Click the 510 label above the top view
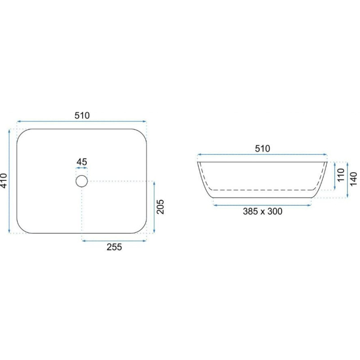(82, 116)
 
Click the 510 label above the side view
(262, 149)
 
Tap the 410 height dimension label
(4, 181)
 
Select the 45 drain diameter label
(82, 162)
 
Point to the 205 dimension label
(160, 207)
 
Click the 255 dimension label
(114, 247)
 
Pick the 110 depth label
(341, 175)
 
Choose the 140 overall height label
(354, 179)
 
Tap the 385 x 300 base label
(262, 211)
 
